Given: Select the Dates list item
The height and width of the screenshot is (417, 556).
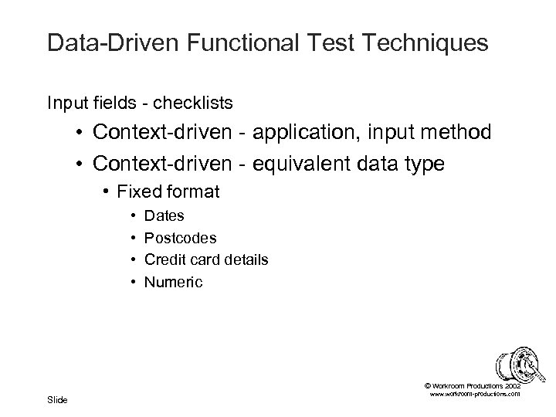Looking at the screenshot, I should pyautogui.click(x=164, y=216).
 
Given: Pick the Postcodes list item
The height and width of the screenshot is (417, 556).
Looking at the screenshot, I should pyautogui.click(x=180, y=238).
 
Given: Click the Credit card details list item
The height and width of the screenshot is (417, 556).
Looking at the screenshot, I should pyautogui.click(x=206, y=259).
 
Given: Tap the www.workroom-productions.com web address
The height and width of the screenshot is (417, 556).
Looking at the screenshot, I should pyautogui.click(x=473, y=394).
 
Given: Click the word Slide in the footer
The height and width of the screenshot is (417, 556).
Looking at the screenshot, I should pyautogui.click(x=57, y=399).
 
